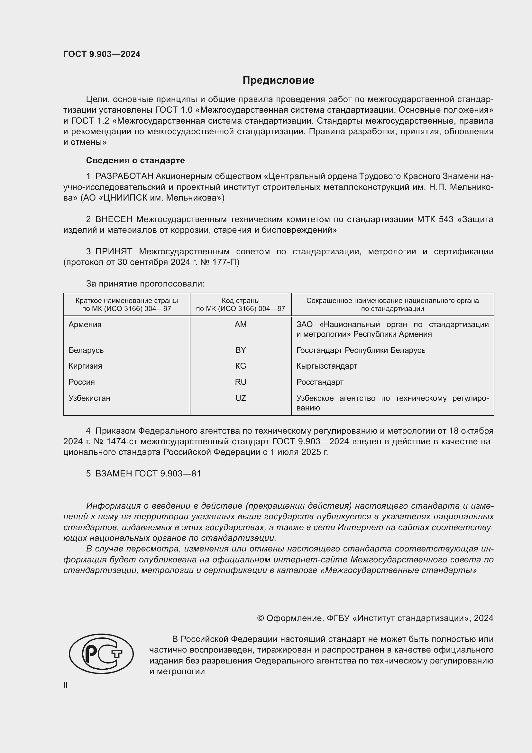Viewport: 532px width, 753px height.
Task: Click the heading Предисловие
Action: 278,80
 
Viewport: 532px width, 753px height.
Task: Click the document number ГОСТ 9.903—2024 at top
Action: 102,54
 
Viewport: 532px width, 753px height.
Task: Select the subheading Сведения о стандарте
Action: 135,160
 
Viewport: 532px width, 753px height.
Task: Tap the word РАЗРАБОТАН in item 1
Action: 124,176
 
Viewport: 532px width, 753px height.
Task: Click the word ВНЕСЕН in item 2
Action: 114,219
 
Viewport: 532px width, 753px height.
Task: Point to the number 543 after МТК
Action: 446,219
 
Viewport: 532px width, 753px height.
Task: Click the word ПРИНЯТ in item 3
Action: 114,251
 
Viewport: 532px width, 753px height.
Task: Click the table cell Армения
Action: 85,325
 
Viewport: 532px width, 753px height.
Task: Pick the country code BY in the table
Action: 241,350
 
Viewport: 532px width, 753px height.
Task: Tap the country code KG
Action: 241,366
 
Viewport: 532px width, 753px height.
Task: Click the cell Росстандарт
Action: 320,382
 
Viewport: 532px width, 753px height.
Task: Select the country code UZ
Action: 241,398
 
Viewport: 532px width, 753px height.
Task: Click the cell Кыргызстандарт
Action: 326,366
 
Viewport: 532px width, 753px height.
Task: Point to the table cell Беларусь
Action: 86,350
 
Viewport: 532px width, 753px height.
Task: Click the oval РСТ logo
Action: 101,654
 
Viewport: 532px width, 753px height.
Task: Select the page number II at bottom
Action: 66,685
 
